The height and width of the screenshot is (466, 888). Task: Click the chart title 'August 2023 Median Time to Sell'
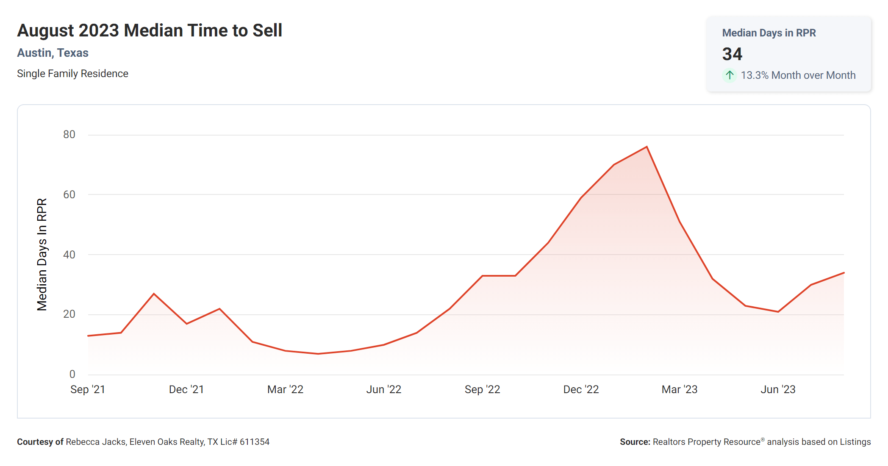coord(150,31)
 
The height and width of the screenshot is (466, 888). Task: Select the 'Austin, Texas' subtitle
coord(53,53)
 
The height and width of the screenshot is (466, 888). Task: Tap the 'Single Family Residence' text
coord(72,74)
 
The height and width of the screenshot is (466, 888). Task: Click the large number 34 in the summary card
coord(732,54)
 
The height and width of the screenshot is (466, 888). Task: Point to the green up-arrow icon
coord(730,75)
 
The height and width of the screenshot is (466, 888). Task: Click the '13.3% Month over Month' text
coord(798,75)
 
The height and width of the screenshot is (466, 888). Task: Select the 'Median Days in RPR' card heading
coord(769,33)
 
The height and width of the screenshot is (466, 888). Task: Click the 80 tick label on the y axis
coord(69,135)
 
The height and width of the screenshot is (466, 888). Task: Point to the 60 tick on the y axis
coord(69,195)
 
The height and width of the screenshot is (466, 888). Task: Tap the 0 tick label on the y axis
coord(72,374)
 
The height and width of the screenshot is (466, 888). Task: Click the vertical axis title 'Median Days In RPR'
coord(42,255)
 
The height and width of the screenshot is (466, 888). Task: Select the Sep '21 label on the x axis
coord(88,389)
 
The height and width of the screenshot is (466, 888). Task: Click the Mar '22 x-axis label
coord(285,389)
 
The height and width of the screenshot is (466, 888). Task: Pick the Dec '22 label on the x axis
coord(581,389)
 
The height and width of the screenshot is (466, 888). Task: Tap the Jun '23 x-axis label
coord(778,389)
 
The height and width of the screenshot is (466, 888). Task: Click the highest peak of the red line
coord(647,147)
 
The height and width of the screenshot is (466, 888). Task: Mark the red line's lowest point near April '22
coord(318,354)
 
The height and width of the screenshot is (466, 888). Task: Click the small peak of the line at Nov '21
coord(154,294)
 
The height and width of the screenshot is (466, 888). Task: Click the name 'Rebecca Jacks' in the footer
coord(96,442)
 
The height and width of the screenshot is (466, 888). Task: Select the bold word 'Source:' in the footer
coord(635,442)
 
